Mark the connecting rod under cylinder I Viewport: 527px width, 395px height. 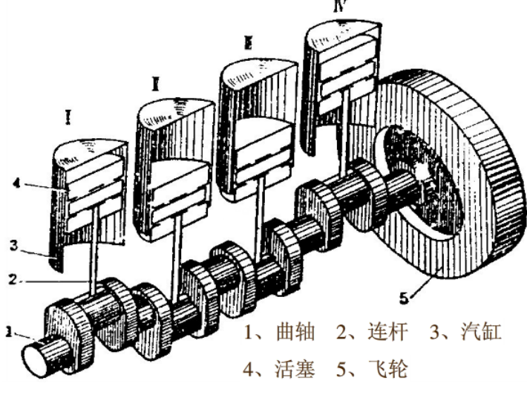pos(94,252)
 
